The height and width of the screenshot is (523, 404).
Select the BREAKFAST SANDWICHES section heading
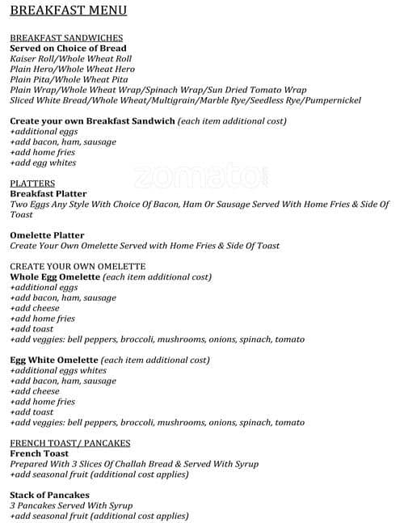click(x=66, y=37)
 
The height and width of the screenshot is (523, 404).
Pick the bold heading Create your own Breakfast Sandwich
click(x=92, y=120)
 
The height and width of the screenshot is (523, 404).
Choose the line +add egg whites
click(x=43, y=162)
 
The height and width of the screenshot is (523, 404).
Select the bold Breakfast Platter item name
click(x=48, y=194)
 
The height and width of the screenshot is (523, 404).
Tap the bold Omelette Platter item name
click(x=47, y=235)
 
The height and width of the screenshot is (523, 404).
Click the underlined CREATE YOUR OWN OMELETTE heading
click(x=78, y=266)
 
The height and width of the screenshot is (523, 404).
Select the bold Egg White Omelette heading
click(x=54, y=360)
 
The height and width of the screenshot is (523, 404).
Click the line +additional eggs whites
click(x=57, y=370)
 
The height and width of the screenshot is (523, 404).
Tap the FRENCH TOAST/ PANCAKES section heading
click(x=70, y=443)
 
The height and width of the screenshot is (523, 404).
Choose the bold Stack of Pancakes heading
click(x=49, y=495)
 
